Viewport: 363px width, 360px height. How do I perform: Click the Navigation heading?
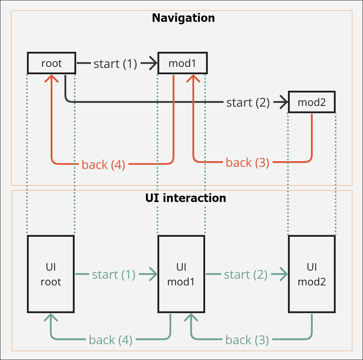tap(183, 18)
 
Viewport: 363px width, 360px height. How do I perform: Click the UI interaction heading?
tap(185, 198)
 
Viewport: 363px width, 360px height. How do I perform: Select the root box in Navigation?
tap(51, 63)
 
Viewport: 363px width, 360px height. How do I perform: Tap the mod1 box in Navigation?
tap(182, 63)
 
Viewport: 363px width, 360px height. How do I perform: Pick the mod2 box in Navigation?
tap(312, 102)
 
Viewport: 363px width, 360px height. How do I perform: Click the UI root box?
tap(51, 274)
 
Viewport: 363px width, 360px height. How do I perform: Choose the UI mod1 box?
tap(181, 274)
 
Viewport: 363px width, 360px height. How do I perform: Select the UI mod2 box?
tap(312, 274)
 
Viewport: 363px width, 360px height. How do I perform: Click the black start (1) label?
tap(115, 64)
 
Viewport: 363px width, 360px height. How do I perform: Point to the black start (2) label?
tap(248, 102)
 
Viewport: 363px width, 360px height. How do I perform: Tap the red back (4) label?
tap(103, 164)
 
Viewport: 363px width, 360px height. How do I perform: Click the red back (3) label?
tap(247, 163)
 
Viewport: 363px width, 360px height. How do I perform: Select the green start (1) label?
tap(114, 274)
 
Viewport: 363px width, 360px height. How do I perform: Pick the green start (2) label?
tap(246, 274)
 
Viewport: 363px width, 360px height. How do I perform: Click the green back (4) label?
tap(110, 340)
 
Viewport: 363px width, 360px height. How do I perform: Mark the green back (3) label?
tap(247, 340)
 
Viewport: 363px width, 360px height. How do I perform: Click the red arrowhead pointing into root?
tap(52, 78)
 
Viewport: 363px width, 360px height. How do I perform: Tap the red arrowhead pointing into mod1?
tap(193, 78)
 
